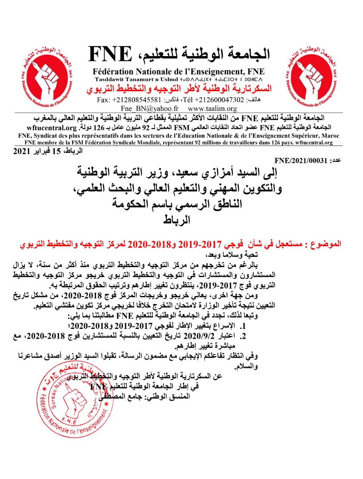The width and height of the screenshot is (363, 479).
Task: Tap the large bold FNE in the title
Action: pyautogui.click(x=110, y=55)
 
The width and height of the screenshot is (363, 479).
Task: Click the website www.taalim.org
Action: pyautogui.click(x=212, y=109)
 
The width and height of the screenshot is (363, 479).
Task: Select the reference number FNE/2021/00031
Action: pyautogui.click(x=301, y=161)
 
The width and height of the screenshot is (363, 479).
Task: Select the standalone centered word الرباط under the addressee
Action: pyautogui.click(x=177, y=220)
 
